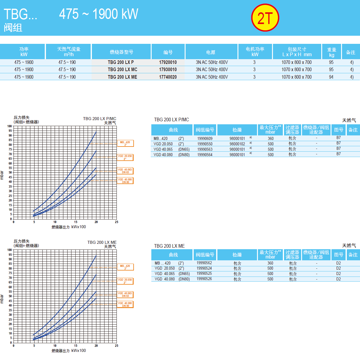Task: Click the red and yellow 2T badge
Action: (265, 18)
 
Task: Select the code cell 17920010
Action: (168, 62)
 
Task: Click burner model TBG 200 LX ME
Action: (123, 77)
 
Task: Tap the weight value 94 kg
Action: (331, 77)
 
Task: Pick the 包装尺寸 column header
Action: (297, 52)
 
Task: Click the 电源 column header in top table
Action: (210, 52)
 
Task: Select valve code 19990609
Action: (205, 139)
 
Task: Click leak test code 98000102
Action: (237, 144)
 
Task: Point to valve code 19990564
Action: (205, 155)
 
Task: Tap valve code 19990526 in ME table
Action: (204, 279)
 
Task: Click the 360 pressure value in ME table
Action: (270, 263)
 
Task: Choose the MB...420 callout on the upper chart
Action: (125, 144)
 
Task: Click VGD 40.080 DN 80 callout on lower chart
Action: (125, 304)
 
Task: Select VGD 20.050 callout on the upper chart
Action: (125, 157)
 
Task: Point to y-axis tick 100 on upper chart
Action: (10, 126)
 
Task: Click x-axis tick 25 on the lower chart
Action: (116, 346)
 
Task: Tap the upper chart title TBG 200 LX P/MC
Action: (99, 119)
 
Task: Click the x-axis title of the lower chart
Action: (68, 350)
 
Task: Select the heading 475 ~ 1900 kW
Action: (98, 14)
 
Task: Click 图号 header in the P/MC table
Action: (338, 130)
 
